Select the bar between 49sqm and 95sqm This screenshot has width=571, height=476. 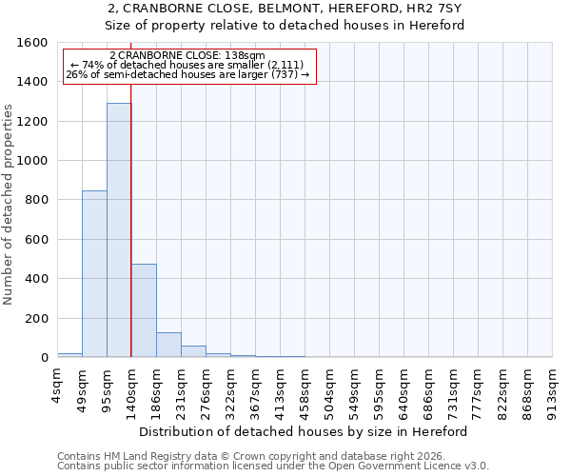[94, 274]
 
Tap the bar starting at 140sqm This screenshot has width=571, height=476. [144, 310]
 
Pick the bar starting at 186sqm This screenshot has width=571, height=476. [168, 345]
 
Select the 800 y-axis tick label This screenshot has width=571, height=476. [36, 200]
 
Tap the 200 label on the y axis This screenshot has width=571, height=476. [36, 318]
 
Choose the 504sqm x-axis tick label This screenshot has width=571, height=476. [330, 388]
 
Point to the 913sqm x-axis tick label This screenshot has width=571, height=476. [553, 388]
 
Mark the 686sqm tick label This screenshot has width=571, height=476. [429, 388]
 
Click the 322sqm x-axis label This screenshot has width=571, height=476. [231, 388]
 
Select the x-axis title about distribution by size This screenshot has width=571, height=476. [309, 431]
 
